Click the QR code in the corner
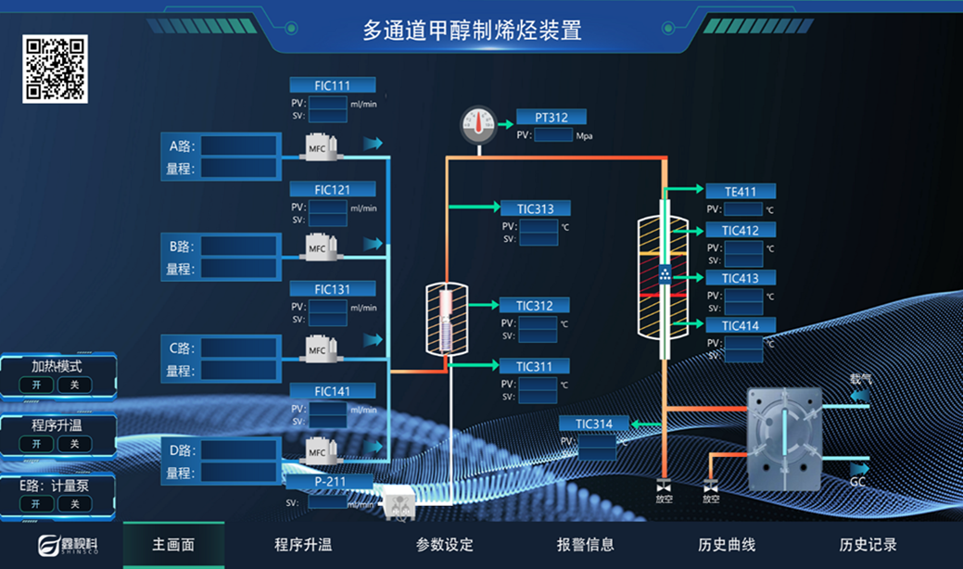click(55, 69)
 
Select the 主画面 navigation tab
click(173, 545)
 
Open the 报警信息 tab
click(585, 545)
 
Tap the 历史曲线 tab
click(727, 545)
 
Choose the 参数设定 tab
click(444, 545)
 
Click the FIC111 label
click(332, 85)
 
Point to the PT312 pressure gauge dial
click(479, 123)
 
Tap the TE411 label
click(741, 192)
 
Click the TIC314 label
click(594, 424)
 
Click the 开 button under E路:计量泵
click(36, 503)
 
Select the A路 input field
click(239, 145)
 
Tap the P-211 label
click(330, 482)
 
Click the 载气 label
click(861, 379)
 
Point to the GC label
click(858, 482)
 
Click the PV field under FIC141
click(327, 409)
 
